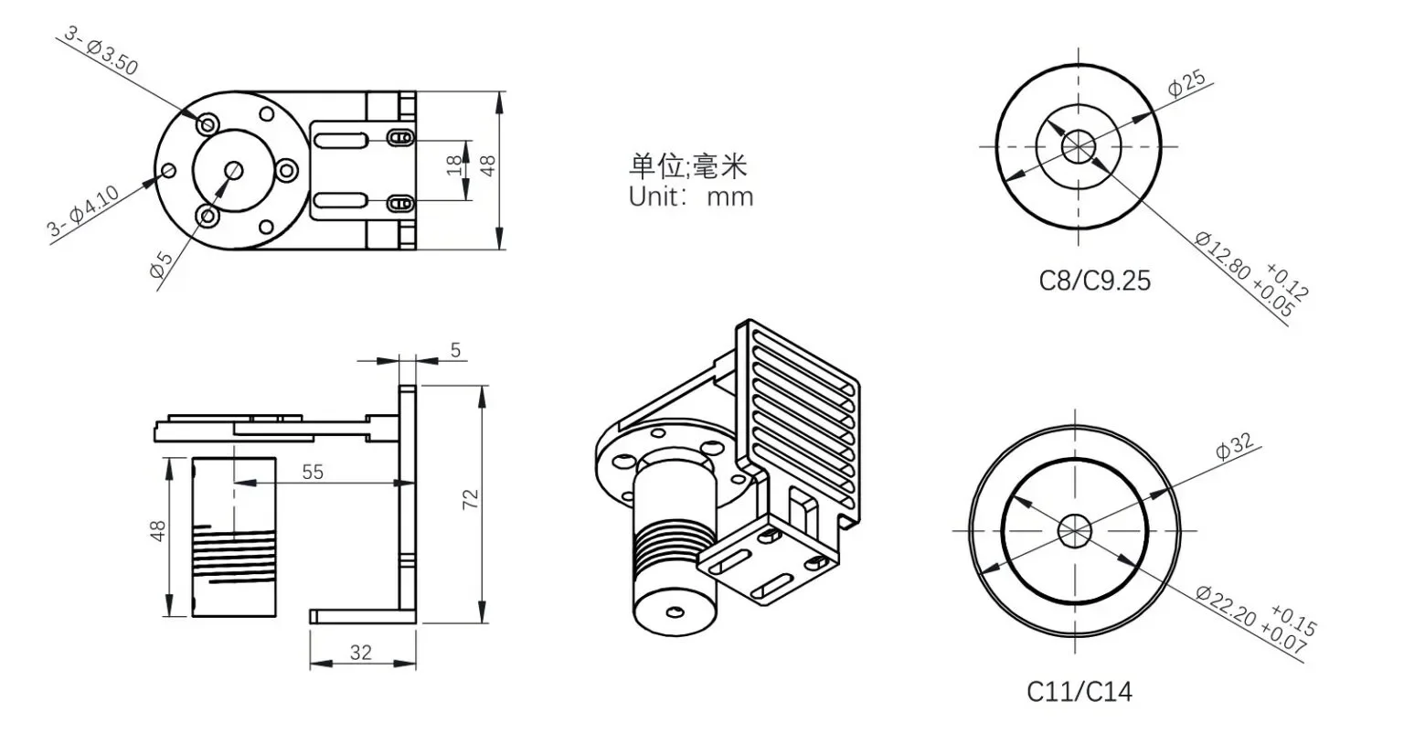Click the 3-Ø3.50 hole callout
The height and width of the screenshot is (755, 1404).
click(101, 50)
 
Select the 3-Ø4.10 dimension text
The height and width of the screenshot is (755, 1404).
click(83, 212)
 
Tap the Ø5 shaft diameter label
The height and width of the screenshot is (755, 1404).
click(161, 263)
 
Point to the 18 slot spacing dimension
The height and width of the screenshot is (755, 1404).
click(454, 165)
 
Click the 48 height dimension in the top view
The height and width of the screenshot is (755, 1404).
click(488, 165)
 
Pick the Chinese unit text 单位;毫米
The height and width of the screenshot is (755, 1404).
click(688, 165)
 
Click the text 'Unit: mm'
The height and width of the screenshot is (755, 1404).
click(691, 196)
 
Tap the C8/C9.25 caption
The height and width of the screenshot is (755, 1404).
click(1094, 280)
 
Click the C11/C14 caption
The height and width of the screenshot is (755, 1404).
click(1079, 691)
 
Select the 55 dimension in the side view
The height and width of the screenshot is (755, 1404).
click(313, 472)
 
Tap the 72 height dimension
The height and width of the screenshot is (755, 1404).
click(471, 500)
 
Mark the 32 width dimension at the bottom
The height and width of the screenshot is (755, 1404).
click(361, 652)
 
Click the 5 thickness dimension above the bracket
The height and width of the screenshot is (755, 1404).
click(455, 350)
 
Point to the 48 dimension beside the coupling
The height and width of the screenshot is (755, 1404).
click(158, 531)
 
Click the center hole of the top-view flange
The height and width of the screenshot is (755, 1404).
click(233, 170)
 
